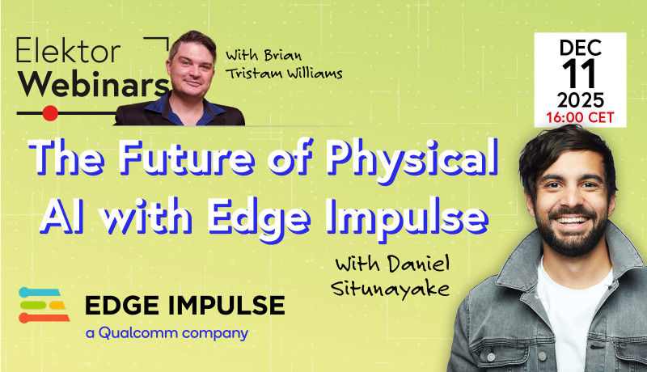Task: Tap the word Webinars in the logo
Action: [x=93, y=85]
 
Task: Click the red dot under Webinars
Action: [x=50, y=112]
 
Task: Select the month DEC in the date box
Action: [x=580, y=50]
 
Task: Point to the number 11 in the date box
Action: [x=580, y=76]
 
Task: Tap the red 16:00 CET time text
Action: [x=580, y=117]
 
